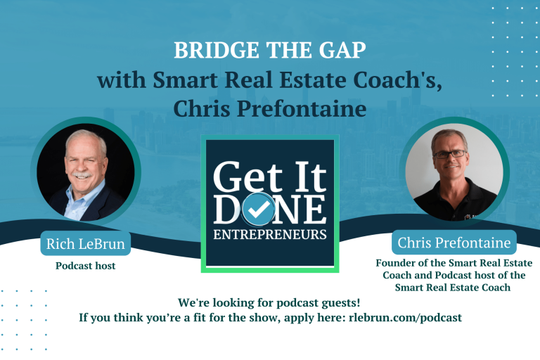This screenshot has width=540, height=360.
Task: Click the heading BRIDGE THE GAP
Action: (x=269, y=51)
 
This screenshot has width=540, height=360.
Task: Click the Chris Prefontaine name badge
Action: (x=454, y=243)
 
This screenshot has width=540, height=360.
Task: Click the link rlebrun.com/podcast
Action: (x=406, y=317)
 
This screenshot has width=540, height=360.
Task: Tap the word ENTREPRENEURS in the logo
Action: (x=270, y=233)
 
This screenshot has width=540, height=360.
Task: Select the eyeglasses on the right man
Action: (x=451, y=153)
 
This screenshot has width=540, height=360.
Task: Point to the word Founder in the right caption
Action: (x=397, y=263)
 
